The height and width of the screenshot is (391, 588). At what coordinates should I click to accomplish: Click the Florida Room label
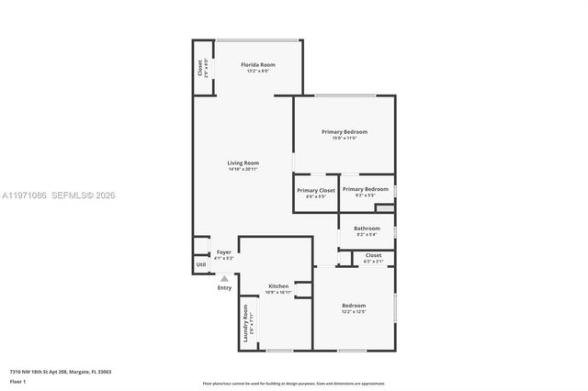coord(257,65)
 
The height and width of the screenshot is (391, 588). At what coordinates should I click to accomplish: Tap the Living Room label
coord(243,163)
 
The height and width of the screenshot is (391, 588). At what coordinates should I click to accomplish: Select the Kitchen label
coord(277,286)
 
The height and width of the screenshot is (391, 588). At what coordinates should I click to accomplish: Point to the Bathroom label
coord(367,228)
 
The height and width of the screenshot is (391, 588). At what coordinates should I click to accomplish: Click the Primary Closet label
coord(315,190)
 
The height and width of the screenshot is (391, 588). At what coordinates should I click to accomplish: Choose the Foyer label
coord(224,252)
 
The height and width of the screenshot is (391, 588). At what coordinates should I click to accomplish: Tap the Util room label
coord(200,264)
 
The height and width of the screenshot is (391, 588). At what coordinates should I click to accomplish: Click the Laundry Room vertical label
coord(245,323)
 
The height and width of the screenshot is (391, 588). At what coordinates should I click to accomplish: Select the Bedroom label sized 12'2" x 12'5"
coord(354,306)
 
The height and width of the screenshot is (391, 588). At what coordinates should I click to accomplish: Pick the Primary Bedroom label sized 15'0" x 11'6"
coord(344,132)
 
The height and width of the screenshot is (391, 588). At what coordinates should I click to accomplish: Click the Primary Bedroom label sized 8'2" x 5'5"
coord(365,190)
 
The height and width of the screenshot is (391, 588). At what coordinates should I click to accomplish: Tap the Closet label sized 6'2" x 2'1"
coord(373,255)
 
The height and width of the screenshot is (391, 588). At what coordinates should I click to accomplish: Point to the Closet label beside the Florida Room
coord(200,68)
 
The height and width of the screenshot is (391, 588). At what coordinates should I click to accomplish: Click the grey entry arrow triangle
coord(224,278)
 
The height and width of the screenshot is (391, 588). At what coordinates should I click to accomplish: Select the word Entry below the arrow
coord(224,288)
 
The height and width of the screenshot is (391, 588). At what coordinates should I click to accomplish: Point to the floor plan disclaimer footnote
coord(293,383)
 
